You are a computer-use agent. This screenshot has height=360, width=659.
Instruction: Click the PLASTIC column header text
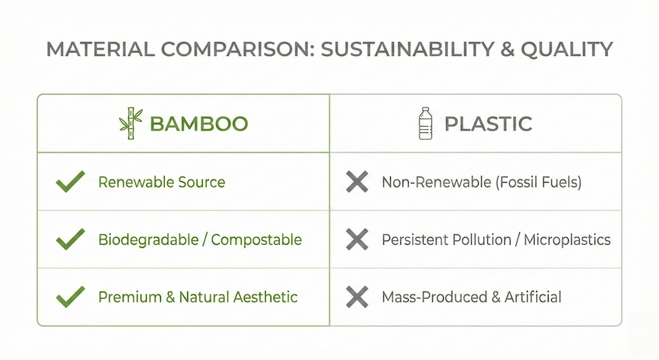[x=488, y=123]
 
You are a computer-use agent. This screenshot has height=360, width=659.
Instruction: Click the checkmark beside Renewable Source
[x=71, y=183]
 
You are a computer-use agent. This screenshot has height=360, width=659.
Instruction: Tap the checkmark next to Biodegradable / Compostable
[x=71, y=239]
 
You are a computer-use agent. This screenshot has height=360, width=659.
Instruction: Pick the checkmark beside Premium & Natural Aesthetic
[x=71, y=296]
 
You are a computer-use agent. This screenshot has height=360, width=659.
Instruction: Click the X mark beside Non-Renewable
[x=357, y=183]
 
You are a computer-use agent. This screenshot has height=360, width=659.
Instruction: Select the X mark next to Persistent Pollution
[x=357, y=239]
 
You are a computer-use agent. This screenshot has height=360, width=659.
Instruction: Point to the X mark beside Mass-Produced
[x=357, y=296]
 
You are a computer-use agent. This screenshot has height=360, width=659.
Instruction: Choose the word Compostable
[x=256, y=239]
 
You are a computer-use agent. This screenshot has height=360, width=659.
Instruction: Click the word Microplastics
[x=567, y=239]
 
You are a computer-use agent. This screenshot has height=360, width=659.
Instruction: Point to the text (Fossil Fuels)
[x=537, y=183]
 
